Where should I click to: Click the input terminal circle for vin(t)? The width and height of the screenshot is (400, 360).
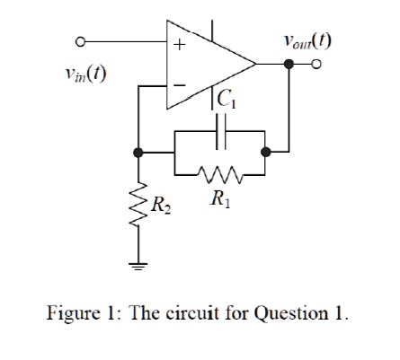[80, 42]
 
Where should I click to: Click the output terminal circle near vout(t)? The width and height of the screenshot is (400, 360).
[316, 64]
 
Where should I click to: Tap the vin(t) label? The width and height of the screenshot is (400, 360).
[86, 74]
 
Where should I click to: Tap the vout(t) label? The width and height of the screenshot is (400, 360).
[307, 41]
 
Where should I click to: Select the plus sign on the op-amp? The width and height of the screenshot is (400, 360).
[180, 45]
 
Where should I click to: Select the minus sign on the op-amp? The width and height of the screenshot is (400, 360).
[180, 85]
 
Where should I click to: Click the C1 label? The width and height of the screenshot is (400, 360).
[227, 99]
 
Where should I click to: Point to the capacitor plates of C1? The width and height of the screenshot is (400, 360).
[221, 131]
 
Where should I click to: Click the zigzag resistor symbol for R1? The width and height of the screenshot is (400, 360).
[220, 174]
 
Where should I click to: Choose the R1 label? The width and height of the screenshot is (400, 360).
[220, 198]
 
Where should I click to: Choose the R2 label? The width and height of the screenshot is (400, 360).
[161, 206]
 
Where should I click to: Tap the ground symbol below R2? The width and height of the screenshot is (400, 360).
[138, 266]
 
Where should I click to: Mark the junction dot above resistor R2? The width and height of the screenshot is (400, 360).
[138, 153]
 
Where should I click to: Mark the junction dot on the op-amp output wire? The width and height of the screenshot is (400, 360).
[289, 64]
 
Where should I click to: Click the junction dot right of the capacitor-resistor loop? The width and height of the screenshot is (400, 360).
[265, 153]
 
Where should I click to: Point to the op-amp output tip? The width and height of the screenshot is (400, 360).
[255, 64]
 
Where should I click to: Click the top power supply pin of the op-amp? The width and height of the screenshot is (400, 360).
[212, 31]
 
